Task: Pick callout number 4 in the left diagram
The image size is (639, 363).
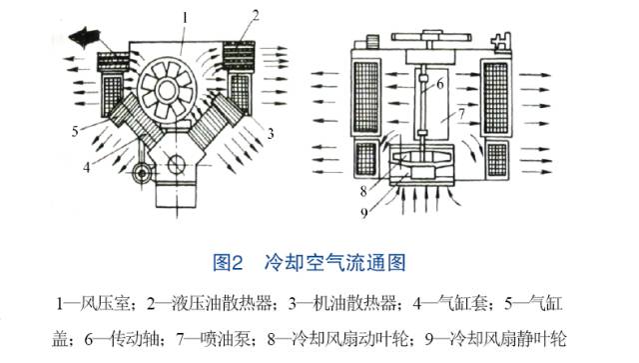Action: (x=87, y=167)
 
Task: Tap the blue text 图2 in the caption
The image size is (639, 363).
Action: (x=229, y=263)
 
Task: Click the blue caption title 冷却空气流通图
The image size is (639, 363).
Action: (x=333, y=263)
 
